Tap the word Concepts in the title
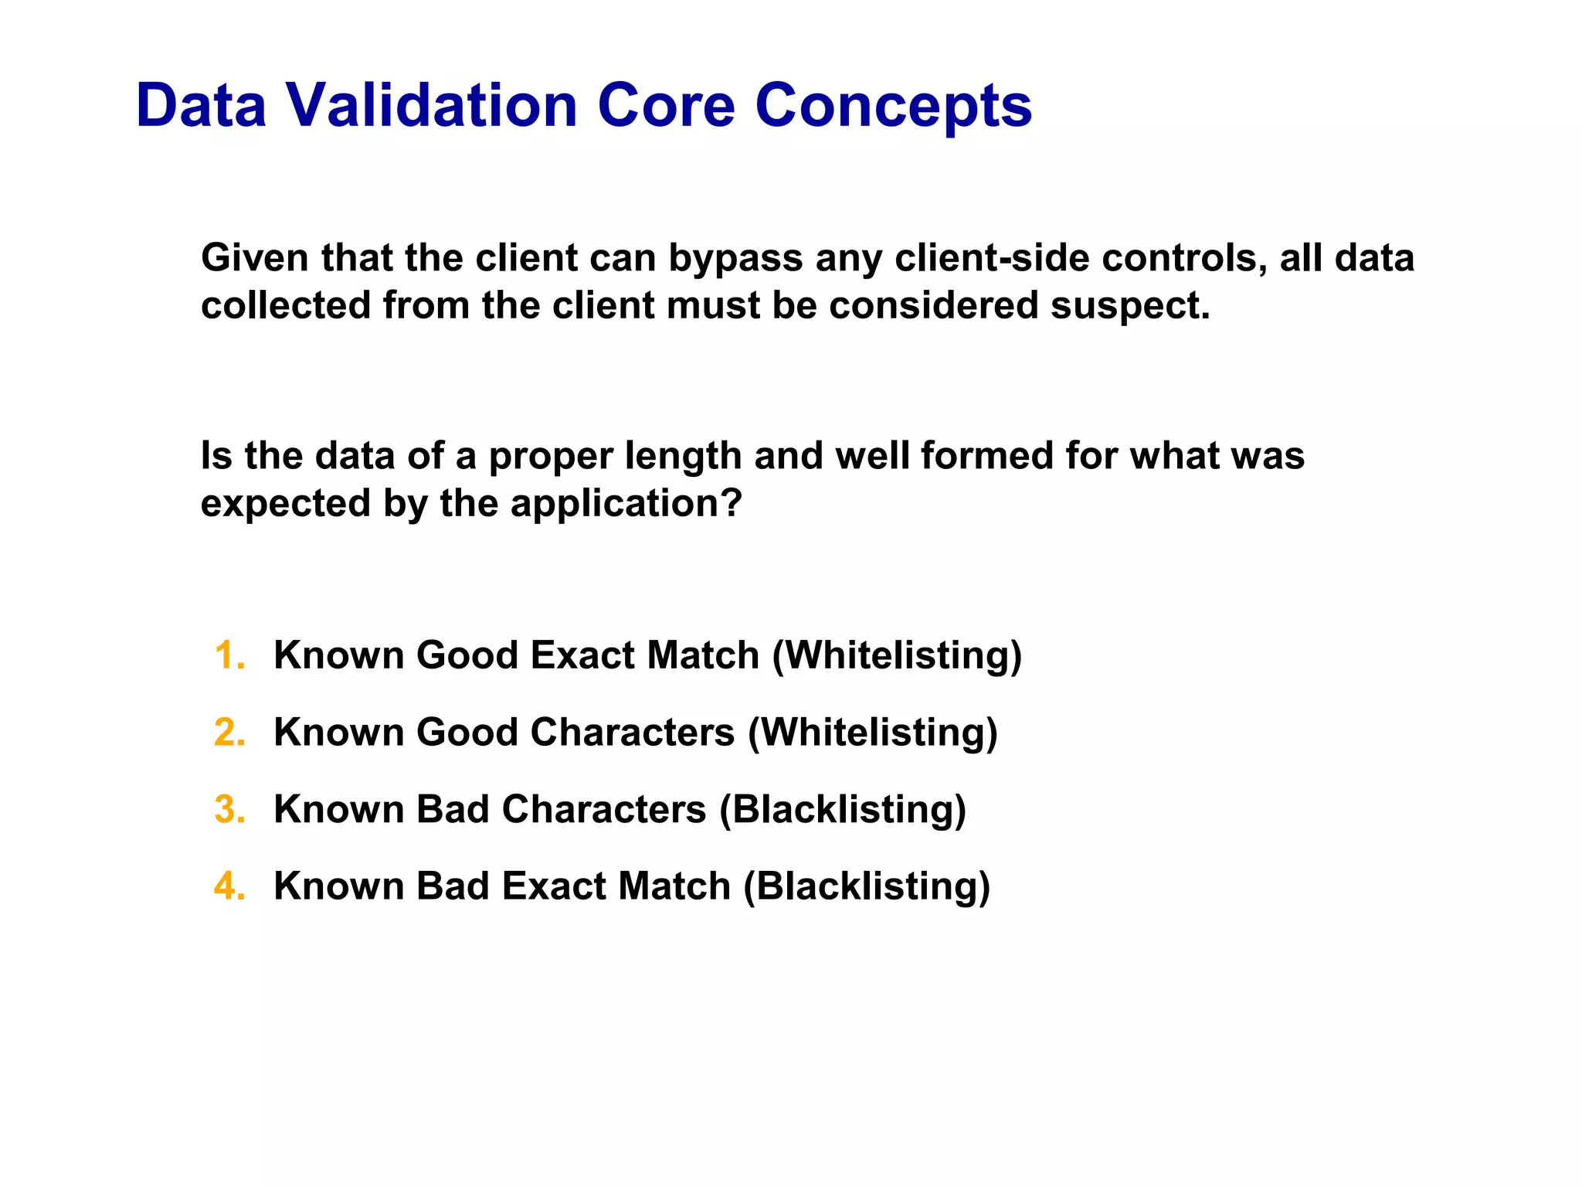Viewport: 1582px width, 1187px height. [x=893, y=105]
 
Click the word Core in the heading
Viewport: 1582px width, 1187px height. [x=666, y=105]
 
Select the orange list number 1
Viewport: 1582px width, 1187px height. [x=229, y=655]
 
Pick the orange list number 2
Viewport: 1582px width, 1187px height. [x=229, y=732]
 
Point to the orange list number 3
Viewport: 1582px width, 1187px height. [x=229, y=809]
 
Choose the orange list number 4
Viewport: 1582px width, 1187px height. [x=229, y=886]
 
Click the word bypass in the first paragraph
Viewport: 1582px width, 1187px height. [x=735, y=258]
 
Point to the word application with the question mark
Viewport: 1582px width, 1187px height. [x=626, y=504]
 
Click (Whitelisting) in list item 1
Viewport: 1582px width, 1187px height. [x=897, y=655]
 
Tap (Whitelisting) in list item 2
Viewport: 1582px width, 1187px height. [x=872, y=732]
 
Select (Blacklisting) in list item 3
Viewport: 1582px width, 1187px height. [x=843, y=809]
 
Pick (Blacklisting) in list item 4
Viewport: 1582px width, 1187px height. [x=866, y=886]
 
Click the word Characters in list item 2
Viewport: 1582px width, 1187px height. [x=632, y=732]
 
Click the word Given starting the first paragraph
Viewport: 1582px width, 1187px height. [x=255, y=258]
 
